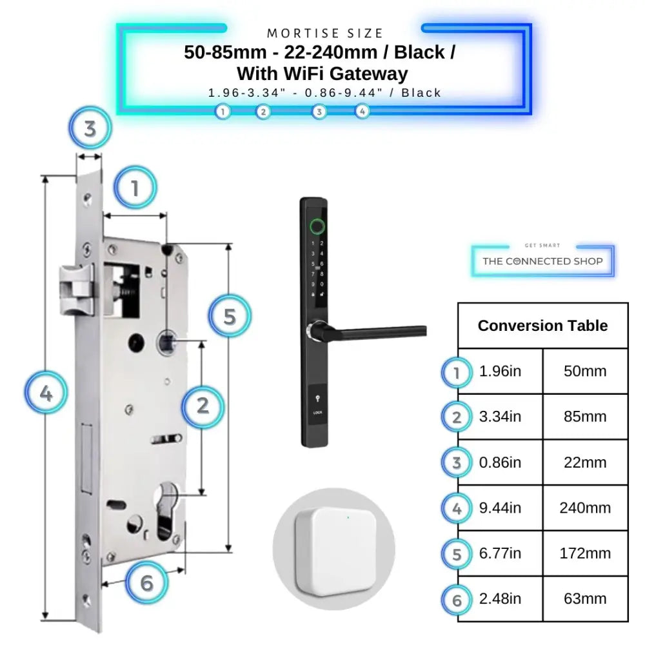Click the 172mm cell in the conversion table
coord(585,553)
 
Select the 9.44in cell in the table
coord(501,508)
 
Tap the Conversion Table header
coord(542,326)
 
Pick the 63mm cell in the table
coord(585,599)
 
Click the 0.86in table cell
coord(501,462)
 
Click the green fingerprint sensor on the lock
coord(317,226)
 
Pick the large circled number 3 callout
coord(90,128)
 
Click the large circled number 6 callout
coord(146,583)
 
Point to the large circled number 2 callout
coord(203,406)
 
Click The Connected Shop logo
coord(542,261)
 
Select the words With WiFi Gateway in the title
coord(322,74)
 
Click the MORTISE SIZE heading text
coord(325,33)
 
